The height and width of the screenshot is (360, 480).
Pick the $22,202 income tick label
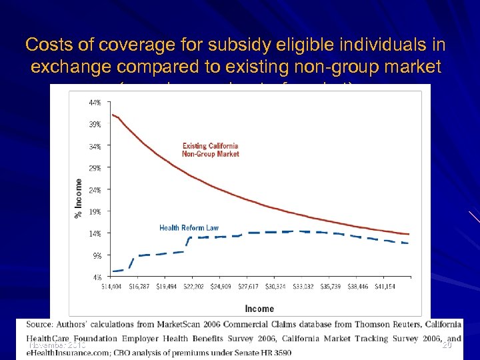pyautogui.click(x=193, y=286)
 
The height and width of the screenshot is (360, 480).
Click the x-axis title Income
pyautogui.click(x=259, y=309)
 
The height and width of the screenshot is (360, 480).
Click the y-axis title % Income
pyautogui.click(x=79, y=197)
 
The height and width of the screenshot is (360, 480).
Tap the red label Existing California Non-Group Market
pyautogui.click(x=210, y=150)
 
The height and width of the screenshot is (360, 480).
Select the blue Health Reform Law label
pyautogui.click(x=189, y=228)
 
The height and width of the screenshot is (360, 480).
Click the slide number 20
pyautogui.click(x=447, y=345)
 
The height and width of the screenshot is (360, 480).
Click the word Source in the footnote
pyautogui.click(x=41, y=325)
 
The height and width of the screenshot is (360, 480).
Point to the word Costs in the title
pyautogui.click(x=45, y=45)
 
